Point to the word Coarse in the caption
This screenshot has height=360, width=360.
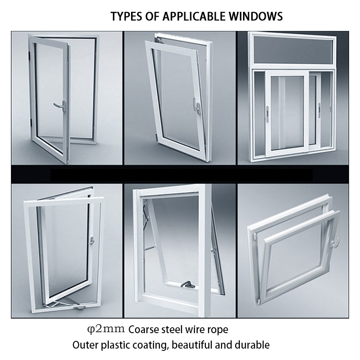[145, 329]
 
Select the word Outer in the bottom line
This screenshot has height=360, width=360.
[85, 345]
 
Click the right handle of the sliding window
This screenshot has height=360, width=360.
[319, 109]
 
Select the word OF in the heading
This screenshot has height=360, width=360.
[151, 17]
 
